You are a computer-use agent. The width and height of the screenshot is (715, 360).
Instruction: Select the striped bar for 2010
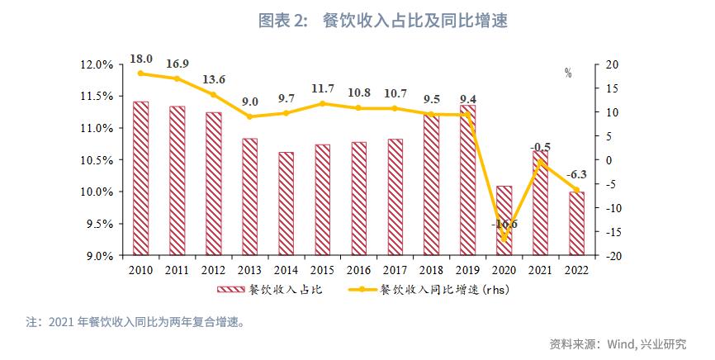pos(140,178)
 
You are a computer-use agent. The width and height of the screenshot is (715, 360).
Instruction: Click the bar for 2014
pos(286,203)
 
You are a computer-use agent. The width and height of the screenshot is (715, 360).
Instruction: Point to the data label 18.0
pos(141,59)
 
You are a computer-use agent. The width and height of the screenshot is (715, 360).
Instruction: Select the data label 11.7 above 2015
pos(323,88)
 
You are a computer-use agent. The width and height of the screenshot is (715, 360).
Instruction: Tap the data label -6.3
pos(577,174)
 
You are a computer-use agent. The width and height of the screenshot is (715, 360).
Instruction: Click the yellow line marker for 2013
pos(249,116)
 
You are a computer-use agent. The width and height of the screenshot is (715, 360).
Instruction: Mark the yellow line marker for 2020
pos(504,239)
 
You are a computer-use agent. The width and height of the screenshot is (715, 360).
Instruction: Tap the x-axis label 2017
pos(395,269)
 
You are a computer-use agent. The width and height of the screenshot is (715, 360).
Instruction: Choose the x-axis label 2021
pos(540,269)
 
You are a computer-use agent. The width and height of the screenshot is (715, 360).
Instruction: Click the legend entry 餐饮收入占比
pos(268,290)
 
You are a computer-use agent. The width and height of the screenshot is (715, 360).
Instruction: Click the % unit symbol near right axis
pos(568,73)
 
